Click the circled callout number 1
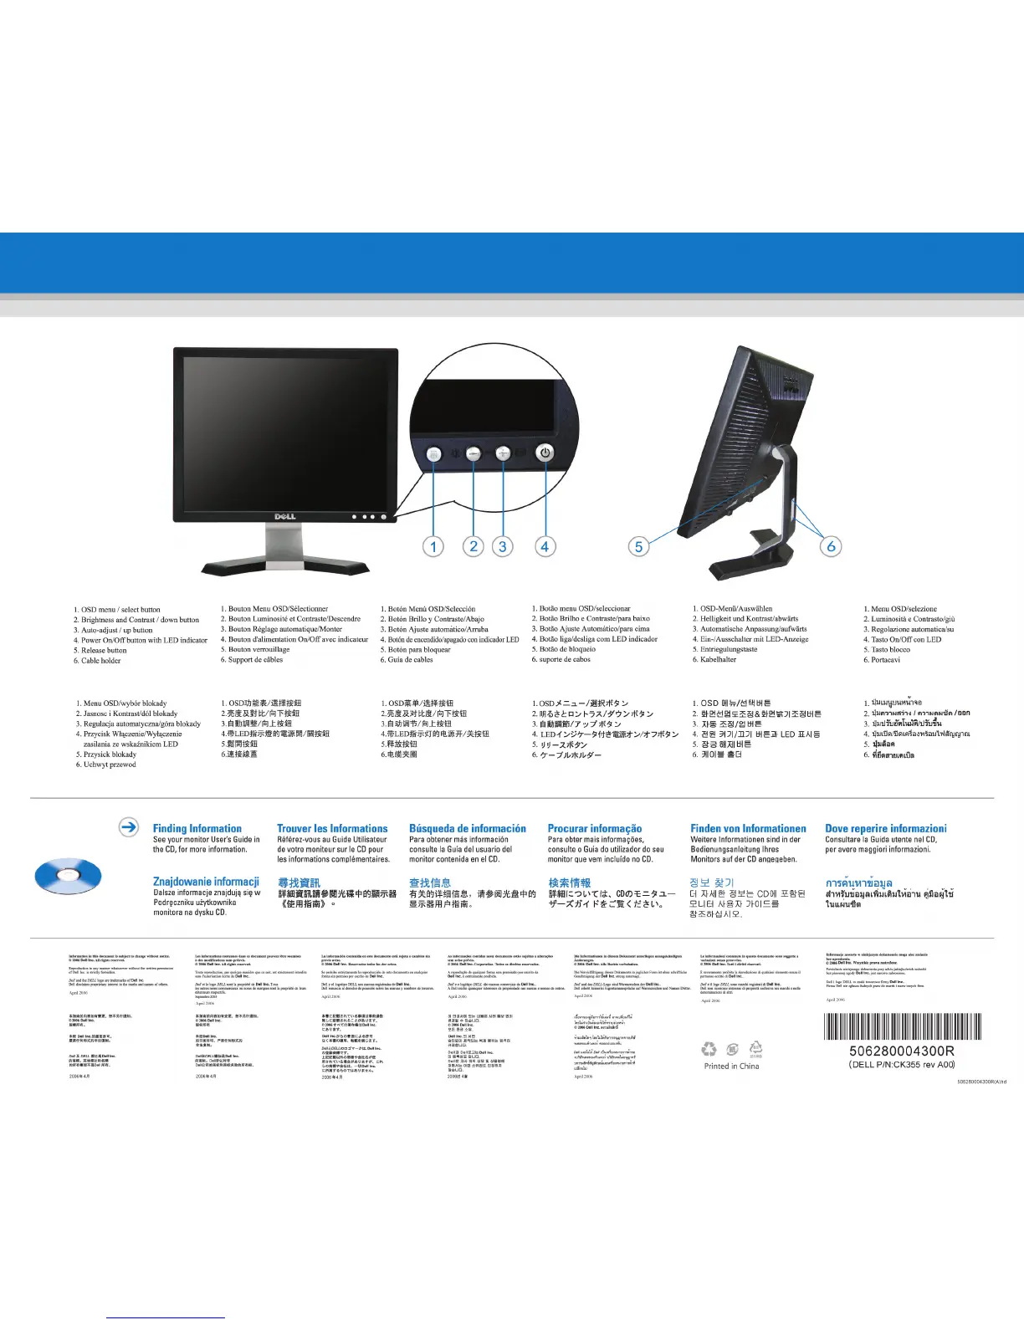[433, 546]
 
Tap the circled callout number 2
[474, 546]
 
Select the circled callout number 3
[502, 546]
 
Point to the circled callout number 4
[545, 546]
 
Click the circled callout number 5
[638, 546]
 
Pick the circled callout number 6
[831, 546]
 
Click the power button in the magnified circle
[545, 453]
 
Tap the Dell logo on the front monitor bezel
[285, 516]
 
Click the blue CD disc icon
[68, 876]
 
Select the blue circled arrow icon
[129, 826]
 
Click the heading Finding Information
[197, 828]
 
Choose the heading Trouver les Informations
[332, 828]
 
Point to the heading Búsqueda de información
[468, 828]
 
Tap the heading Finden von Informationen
[748, 828]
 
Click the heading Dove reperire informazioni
[886, 828]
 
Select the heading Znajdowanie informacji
[206, 882]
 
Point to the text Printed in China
[732, 1066]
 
